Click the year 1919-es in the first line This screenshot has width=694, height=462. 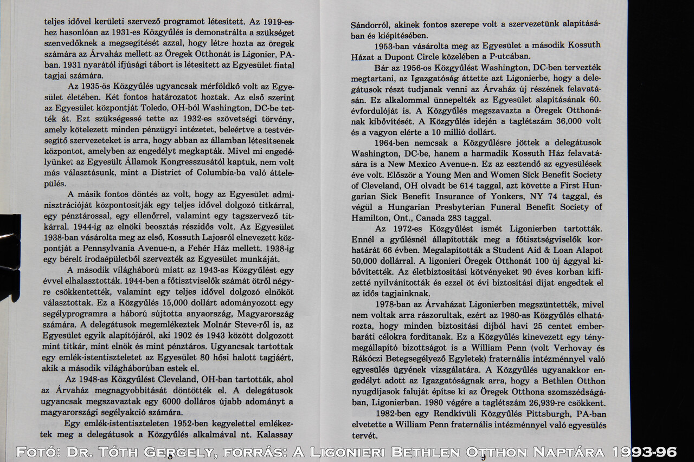click(x=280, y=22)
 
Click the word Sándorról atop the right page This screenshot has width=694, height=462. click(x=371, y=25)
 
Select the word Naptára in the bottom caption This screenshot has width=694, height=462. click(x=574, y=452)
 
